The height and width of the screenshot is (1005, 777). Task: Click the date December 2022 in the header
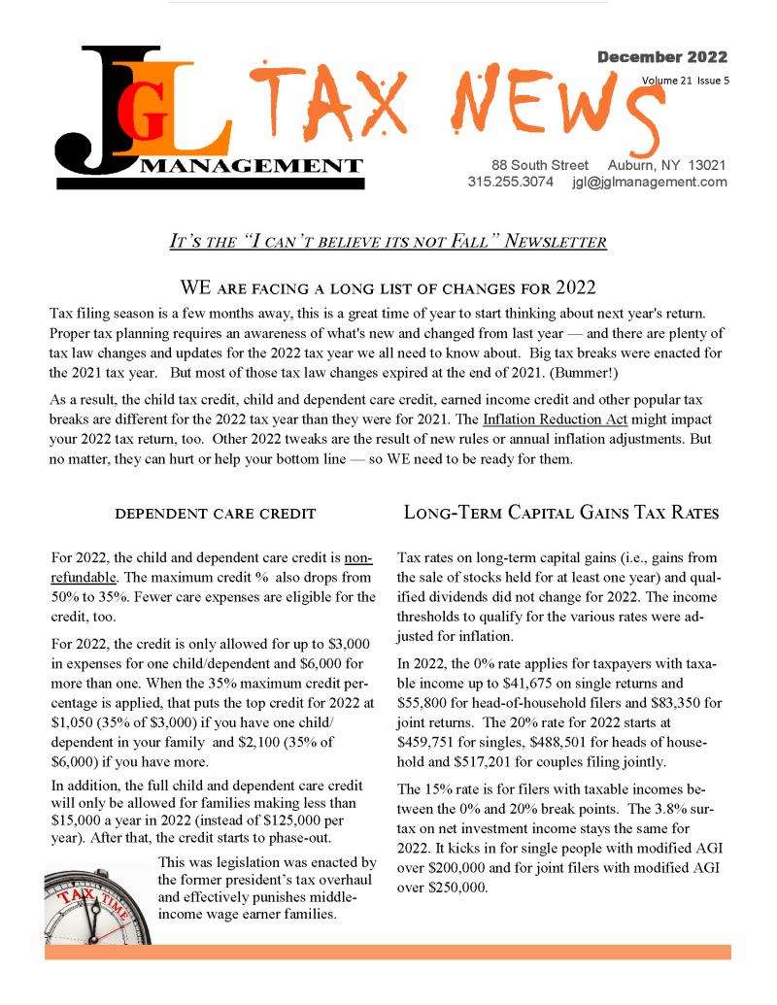pyautogui.click(x=661, y=57)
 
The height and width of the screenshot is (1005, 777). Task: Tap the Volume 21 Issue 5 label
pyautogui.click(x=685, y=81)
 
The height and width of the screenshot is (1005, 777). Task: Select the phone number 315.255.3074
pyautogui.click(x=510, y=182)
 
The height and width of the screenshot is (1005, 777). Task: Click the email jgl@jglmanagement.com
pyautogui.click(x=650, y=182)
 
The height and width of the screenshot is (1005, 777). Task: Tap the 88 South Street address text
pyautogui.click(x=540, y=165)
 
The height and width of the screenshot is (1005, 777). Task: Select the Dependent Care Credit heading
pyautogui.click(x=215, y=514)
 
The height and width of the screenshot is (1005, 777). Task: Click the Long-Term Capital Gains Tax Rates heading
pyautogui.click(x=560, y=513)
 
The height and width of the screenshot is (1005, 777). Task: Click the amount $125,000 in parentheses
pyautogui.click(x=262, y=820)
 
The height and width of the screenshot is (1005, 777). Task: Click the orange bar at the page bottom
pyautogui.click(x=388, y=952)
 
